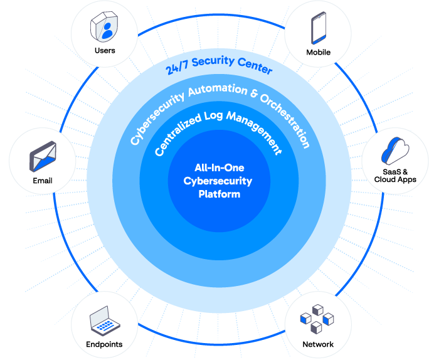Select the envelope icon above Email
point(43,157)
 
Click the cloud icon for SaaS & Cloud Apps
point(396,151)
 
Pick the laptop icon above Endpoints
point(104,322)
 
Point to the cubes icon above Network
point(318,322)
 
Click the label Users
point(105,50)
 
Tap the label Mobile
point(319,52)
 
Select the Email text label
point(43,181)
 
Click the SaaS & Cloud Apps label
point(396,176)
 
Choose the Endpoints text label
point(104,344)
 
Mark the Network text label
point(318,344)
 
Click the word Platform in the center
point(219,194)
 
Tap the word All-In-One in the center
point(219,168)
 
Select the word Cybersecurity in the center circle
point(219,181)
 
